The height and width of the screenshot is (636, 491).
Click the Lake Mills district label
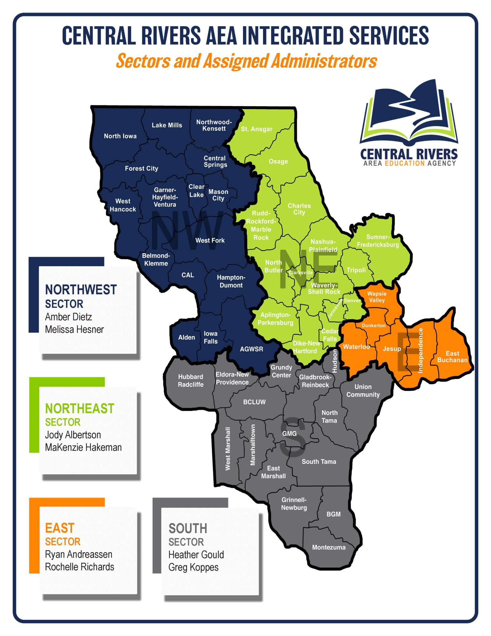point(167,125)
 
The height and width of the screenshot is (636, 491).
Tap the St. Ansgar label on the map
point(256,129)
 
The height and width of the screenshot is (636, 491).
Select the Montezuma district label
point(328,547)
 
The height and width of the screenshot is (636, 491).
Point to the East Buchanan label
point(452,357)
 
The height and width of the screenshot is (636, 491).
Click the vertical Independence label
point(421,350)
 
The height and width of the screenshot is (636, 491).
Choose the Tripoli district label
point(356,270)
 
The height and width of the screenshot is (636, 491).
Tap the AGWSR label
point(251,349)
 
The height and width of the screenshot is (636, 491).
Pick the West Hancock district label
point(123,205)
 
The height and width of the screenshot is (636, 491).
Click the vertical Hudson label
point(334,361)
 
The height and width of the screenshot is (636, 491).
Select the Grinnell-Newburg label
point(294,503)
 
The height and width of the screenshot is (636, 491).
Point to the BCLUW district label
point(254,402)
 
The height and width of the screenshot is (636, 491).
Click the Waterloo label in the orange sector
point(356,347)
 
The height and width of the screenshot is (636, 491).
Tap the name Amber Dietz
point(69,317)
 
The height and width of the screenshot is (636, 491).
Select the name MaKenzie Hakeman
point(83,447)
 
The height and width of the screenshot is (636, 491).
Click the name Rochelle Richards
point(80,567)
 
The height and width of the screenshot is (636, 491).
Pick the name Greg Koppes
point(193,567)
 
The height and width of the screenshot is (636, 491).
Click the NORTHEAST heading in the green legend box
point(80,408)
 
